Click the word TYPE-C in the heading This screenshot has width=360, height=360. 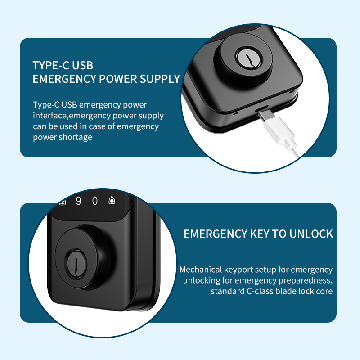pyautogui.click(x=51, y=65)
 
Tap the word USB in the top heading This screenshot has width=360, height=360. pyautogui.click(x=83, y=65)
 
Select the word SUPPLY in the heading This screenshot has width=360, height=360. pyautogui.click(x=160, y=79)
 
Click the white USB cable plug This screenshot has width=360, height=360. pyautogui.click(x=279, y=130)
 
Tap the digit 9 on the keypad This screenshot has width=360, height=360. pyautogui.click(x=78, y=201)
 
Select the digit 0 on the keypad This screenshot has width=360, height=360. pyautogui.click(x=95, y=201)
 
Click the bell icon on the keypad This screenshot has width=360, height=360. pyautogui.click(x=112, y=200)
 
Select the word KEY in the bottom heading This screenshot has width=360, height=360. pyautogui.click(x=260, y=234)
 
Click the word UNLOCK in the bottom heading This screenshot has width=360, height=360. pyautogui.click(x=311, y=234)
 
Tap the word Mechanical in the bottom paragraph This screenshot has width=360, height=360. pyautogui.click(x=201, y=269)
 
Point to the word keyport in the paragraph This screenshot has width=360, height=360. pyautogui.click(x=238, y=270)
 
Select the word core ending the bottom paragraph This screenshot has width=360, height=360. pyautogui.click(x=324, y=292)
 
